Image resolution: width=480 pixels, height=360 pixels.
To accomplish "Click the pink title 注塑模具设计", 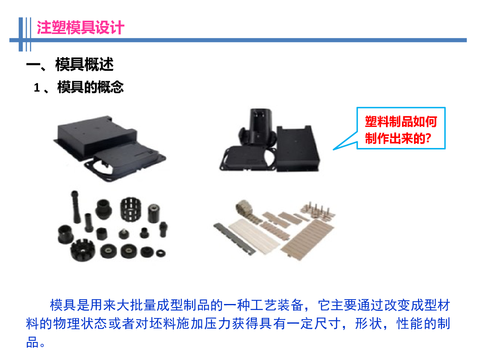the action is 80,28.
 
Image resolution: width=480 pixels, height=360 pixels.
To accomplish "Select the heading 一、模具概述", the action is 70,64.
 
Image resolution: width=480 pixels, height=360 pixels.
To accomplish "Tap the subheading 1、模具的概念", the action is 79,87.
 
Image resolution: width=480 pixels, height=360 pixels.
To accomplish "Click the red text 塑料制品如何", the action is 401,122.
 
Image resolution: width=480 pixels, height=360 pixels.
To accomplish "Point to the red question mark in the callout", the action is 428,138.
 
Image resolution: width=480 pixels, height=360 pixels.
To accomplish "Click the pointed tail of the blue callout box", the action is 334,150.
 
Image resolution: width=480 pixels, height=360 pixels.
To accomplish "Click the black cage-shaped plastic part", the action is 130,209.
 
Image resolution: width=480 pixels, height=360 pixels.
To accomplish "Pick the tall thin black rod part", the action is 76,207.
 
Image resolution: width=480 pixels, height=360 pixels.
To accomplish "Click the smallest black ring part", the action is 161,253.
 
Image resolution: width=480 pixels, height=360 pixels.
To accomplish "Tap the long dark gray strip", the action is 234,239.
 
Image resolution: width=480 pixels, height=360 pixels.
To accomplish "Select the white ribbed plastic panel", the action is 254,236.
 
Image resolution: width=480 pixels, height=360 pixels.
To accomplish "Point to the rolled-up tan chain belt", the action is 244,207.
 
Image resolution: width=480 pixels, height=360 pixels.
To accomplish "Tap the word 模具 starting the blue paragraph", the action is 63,305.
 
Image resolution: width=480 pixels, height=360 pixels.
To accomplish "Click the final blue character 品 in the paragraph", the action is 32,342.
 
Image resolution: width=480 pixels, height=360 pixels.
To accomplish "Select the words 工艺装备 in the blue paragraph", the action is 277,305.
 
